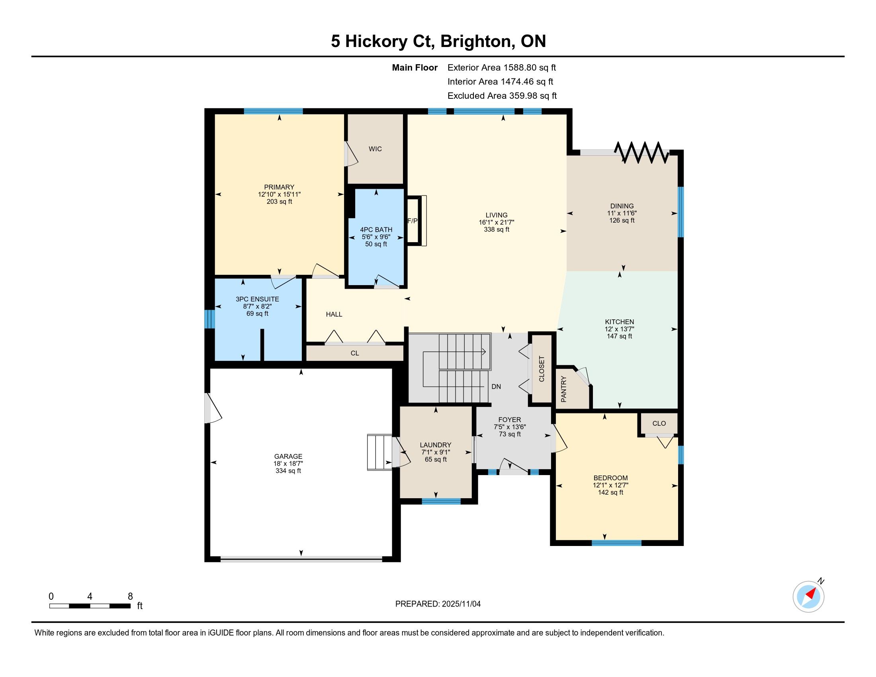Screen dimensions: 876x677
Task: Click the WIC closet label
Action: point(375,149)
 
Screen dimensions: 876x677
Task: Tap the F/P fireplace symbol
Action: point(417,220)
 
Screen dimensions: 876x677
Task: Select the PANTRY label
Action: point(563,389)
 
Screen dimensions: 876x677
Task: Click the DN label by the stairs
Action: point(496,387)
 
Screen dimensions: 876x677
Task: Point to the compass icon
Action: point(808,597)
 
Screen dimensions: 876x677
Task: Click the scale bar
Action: point(90,606)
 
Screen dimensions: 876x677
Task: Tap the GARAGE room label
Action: point(288,456)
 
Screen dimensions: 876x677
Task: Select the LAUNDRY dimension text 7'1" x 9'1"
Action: point(436,452)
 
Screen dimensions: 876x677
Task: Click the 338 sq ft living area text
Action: point(497,229)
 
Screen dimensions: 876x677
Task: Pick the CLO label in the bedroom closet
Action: point(659,423)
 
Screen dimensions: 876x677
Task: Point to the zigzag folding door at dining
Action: point(642,152)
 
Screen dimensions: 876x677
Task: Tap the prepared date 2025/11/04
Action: point(461,604)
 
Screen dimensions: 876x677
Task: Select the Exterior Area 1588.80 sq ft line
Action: point(502,67)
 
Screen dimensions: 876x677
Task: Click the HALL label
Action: point(334,314)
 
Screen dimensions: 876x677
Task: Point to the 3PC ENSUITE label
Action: point(257,299)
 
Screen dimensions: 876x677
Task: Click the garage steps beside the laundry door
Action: point(379,452)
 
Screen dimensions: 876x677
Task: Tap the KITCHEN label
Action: point(619,322)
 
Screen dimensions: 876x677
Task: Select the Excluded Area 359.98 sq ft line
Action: point(502,96)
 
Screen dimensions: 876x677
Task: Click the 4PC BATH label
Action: point(376,229)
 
